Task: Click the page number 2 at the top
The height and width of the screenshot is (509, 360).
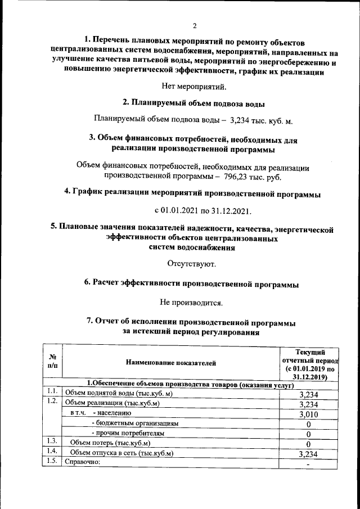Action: click(x=195, y=26)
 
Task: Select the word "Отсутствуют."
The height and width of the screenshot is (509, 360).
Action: click(x=191, y=263)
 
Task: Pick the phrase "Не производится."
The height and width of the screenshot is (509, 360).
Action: click(x=191, y=302)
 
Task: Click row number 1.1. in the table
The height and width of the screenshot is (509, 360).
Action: click(x=52, y=392)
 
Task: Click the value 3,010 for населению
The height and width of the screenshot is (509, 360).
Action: click(x=309, y=414)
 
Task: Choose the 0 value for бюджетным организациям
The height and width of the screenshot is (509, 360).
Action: click(x=309, y=424)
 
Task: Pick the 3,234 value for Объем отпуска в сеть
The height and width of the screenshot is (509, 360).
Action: click(x=309, y=454)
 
